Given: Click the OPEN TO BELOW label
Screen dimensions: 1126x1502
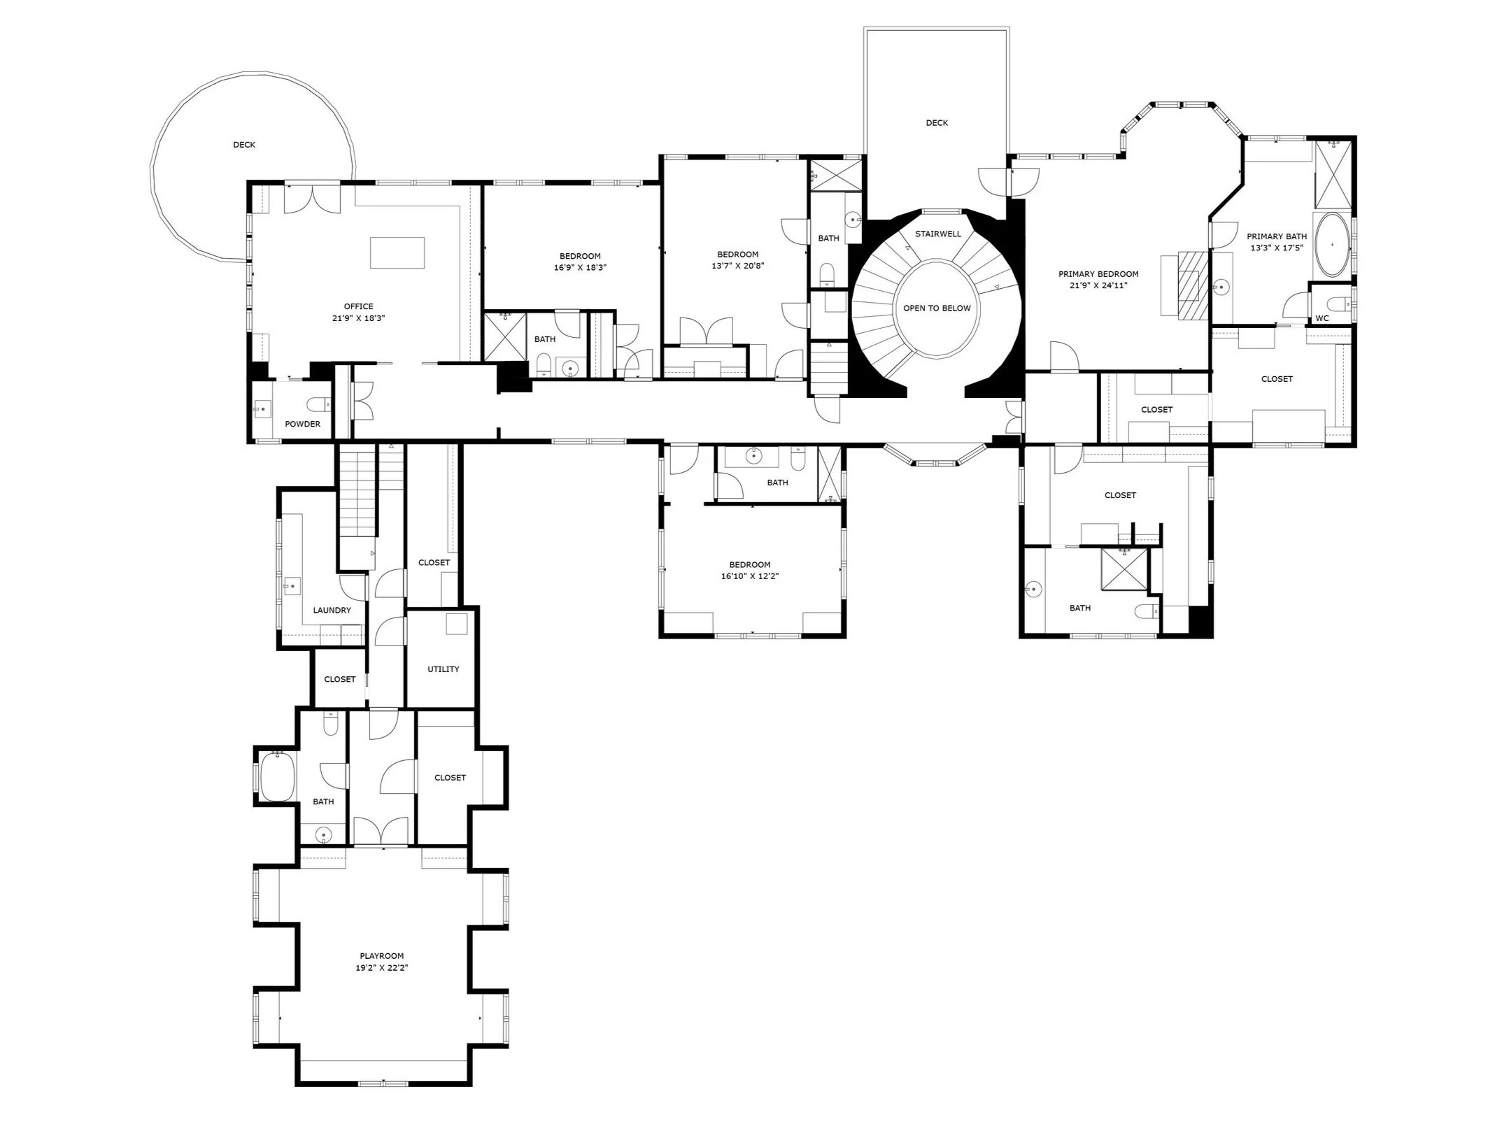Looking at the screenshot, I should [x=937, y=308].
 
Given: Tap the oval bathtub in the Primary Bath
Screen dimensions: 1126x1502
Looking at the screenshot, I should [x=1333, y=245].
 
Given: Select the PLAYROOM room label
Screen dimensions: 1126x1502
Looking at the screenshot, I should [x=381, y=956].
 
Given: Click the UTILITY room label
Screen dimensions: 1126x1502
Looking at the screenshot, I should [x=443, y=669].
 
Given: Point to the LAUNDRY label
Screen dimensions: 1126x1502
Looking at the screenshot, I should [x=332, y=611].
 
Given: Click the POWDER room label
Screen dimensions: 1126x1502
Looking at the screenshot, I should [x=302, y=425].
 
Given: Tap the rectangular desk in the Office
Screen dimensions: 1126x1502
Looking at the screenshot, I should [x=397, y=252].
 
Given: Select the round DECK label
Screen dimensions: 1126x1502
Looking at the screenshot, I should [x=244, y=145].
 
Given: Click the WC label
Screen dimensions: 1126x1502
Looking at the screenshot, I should [x=1322, y=319].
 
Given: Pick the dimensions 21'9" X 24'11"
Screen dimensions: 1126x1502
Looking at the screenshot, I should [x=1098, y=285].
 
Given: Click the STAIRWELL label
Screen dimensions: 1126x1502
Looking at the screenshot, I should [x=938, y=234].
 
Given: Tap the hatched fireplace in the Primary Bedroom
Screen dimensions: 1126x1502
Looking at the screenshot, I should [x=1193, y=285].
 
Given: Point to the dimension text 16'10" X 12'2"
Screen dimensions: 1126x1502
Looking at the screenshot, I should [x=750, y=577].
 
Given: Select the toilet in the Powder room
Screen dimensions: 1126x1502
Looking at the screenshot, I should [x=320, y=404].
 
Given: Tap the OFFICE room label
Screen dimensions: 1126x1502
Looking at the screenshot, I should [x=358, y=306].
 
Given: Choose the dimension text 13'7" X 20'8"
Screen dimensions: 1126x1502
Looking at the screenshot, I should [x=737, y=266].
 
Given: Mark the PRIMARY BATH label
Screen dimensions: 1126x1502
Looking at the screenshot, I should [x=1276, y=236].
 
